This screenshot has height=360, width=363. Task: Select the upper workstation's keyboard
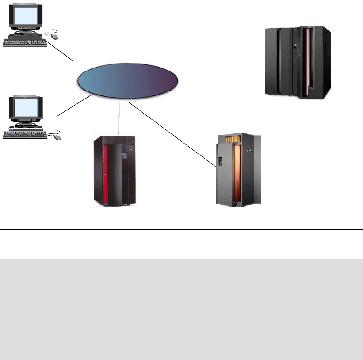tap(25, 43)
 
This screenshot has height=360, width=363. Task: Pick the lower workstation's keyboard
tap(25, 134)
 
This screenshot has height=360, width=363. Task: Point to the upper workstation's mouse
tap(53, 36)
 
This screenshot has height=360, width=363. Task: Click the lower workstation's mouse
tap(57, 137)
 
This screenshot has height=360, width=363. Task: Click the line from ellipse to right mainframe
tap(221, 80)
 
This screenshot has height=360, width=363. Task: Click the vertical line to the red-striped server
tap(119, 119)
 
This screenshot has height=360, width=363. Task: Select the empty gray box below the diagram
tap(181, 309)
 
